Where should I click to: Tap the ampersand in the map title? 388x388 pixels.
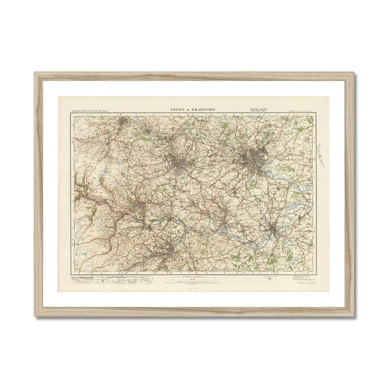click(x=189, y=110)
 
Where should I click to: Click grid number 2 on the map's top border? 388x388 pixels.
click(x=101, y=114)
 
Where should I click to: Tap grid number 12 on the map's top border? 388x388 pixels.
click(x=277, y=114)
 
